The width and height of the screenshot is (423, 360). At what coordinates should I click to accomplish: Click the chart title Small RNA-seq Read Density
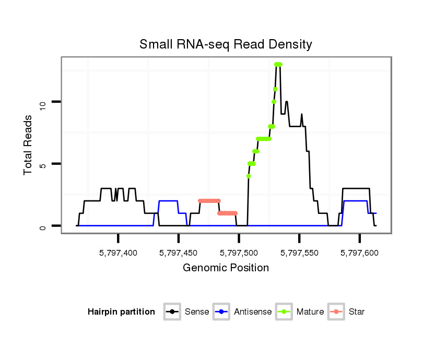(226, 44)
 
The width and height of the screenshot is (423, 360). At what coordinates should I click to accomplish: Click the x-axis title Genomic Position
(226, 268)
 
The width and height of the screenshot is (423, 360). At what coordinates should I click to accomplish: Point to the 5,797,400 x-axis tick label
(118, 253)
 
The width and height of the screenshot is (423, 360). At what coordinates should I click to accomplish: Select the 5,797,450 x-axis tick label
(179, 253)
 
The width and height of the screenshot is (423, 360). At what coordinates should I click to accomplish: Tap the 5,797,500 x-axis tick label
(239, 253)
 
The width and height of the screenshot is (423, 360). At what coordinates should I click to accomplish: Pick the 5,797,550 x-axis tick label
(299, 253)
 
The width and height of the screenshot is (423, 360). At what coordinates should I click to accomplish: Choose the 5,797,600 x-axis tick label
(359, 253)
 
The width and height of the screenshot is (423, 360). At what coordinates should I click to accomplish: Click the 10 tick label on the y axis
(43, 104)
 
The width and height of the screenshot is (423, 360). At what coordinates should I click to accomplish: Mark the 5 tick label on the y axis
(43, 165)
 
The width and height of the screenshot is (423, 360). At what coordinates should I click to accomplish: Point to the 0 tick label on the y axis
(43, 227)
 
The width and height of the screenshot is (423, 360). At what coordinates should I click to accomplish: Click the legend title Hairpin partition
(121, 312)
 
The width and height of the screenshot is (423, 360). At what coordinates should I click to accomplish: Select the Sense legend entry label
(197, 312)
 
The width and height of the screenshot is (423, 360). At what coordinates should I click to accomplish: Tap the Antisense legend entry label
(253, 312)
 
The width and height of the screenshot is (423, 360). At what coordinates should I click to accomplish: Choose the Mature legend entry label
(310, 312)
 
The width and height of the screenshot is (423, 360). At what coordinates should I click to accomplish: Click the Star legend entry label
(357, 312)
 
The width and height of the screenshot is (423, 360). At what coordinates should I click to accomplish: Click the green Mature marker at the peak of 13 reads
(278, 64)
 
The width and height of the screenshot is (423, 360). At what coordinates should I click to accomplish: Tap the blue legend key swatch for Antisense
(222, 312)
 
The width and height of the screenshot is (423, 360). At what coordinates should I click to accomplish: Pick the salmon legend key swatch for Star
(337, 312)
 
